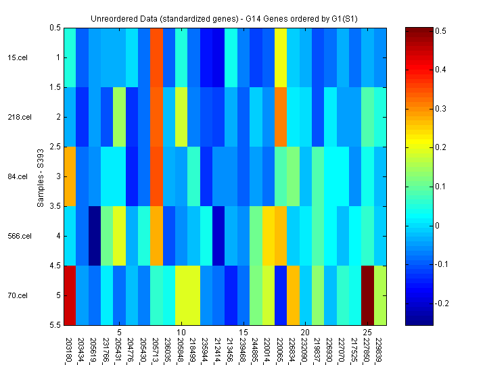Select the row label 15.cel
tap(18, 57)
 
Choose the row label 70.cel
tap(18, 295)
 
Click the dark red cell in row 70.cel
tap(368, 295)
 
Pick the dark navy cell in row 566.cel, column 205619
tap(95, 236)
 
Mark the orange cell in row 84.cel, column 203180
tap(70, 176)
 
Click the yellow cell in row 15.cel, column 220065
tap(281, 57)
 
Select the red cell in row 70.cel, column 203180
tap(70, 295)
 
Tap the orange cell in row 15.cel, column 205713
tap(156, 57)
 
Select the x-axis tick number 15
tap(243, 333)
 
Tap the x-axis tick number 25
tap(367, 333)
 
